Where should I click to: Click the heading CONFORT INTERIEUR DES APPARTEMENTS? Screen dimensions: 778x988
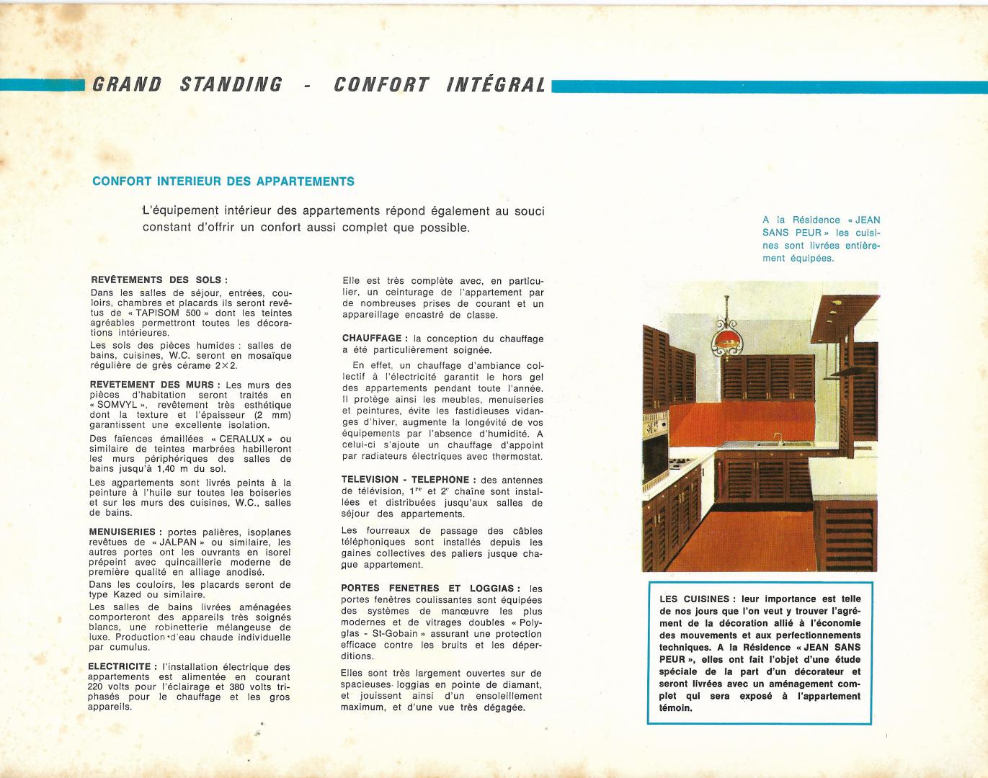click(223, 182)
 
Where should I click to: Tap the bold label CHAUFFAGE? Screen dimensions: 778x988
click(371, 338)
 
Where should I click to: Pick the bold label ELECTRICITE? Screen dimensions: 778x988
click(119, 667)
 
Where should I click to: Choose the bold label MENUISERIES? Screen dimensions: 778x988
click(123, 532)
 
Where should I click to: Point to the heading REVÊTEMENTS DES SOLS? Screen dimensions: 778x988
click(159, 280)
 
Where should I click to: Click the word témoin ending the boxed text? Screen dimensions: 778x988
click(675, 707)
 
